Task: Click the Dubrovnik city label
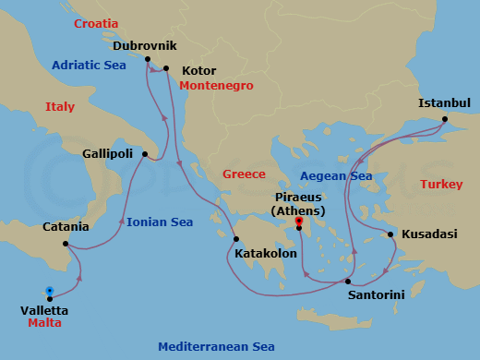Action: [x=144, y=44]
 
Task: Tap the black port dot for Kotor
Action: [x=166, y=68]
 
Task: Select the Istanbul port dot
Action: [x=444, y=119]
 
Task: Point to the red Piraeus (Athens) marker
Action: [x=298, y=222]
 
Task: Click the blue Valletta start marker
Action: [x=49, y=289]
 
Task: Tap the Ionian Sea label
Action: [x=159, y=222]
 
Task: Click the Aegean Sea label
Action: [x=336, y=175]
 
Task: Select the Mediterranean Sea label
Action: [x=216, y=347]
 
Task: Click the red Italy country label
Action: [x=60, y=107]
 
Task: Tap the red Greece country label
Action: [x=244, y=174]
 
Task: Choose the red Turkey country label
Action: [x=441, y=185]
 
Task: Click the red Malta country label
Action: [x=44, y=324]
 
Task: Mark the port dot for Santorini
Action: [x=348, y=282]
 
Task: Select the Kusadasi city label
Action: [x=429, y=234]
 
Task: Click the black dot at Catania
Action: [x=65, y=244]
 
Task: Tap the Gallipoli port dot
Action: [x=145, y=154]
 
